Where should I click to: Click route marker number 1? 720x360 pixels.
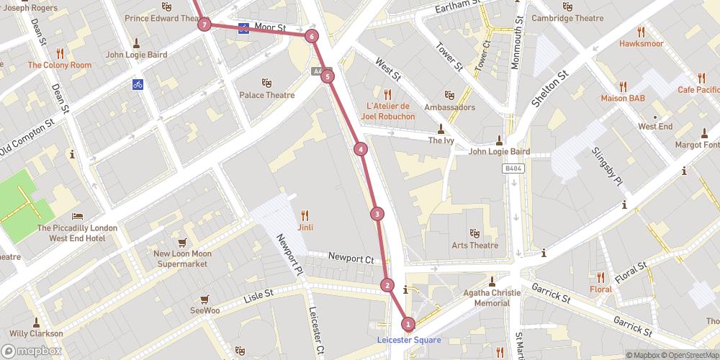coord(408,324)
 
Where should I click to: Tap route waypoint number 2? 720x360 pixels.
coord(387,285)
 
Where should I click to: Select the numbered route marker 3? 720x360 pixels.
coord(377,214)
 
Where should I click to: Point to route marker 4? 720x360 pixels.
coord(360,149)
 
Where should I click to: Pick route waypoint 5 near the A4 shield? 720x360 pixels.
coord(328,76)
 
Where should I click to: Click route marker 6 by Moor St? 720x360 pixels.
coord(311,36)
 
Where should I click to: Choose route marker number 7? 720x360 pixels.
coord(205,25)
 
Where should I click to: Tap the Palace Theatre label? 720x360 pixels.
coord(267,95)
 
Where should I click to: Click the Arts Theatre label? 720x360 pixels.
coord(474,245)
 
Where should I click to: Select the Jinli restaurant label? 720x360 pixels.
coord(305,227)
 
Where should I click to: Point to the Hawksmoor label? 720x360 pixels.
coord(641,43)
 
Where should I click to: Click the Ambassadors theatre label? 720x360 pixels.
coord(449,107)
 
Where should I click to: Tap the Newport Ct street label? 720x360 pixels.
coord(351,258)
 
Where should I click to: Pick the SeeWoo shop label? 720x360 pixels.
coord(205,311)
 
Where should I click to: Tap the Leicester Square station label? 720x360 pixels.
coord(408,340)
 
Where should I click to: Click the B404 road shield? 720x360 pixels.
coord(511,166)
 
